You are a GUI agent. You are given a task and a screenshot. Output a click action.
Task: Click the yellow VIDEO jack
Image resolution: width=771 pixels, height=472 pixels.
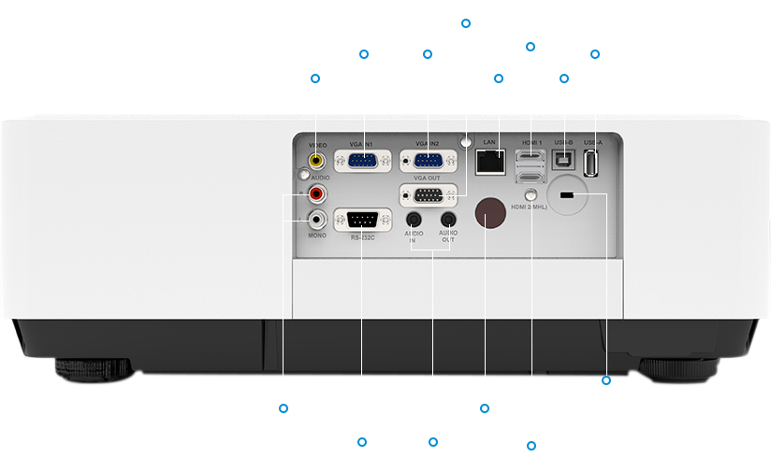(317, 160)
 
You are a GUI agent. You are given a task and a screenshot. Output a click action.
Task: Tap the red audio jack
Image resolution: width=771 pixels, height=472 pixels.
(318, 194)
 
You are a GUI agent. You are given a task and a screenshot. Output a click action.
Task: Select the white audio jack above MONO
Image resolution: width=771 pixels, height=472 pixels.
(318, 220)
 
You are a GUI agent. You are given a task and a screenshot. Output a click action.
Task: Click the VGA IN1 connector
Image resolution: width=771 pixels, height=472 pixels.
(362, 161)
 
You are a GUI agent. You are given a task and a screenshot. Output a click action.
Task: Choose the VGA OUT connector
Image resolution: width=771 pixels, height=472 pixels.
(428, 195)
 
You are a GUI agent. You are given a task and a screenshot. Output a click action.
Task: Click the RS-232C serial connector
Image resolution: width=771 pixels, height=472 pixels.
(361, 220)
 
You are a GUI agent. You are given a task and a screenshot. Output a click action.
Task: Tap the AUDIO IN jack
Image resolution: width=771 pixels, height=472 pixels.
(414, 220)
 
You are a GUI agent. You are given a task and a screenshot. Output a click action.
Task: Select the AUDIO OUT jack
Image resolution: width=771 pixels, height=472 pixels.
(448, 220)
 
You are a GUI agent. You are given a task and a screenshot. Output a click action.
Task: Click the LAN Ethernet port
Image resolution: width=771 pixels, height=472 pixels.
(487, 161)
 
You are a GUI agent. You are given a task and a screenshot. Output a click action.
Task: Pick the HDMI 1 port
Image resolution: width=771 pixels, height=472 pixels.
(531, 156)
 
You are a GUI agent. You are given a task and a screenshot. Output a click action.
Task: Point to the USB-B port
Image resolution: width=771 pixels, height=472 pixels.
(563, 160)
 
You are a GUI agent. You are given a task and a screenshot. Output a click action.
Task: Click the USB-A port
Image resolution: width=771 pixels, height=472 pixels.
(591, 162)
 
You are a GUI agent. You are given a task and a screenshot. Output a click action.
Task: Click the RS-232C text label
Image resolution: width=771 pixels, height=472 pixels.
(362, 238)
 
